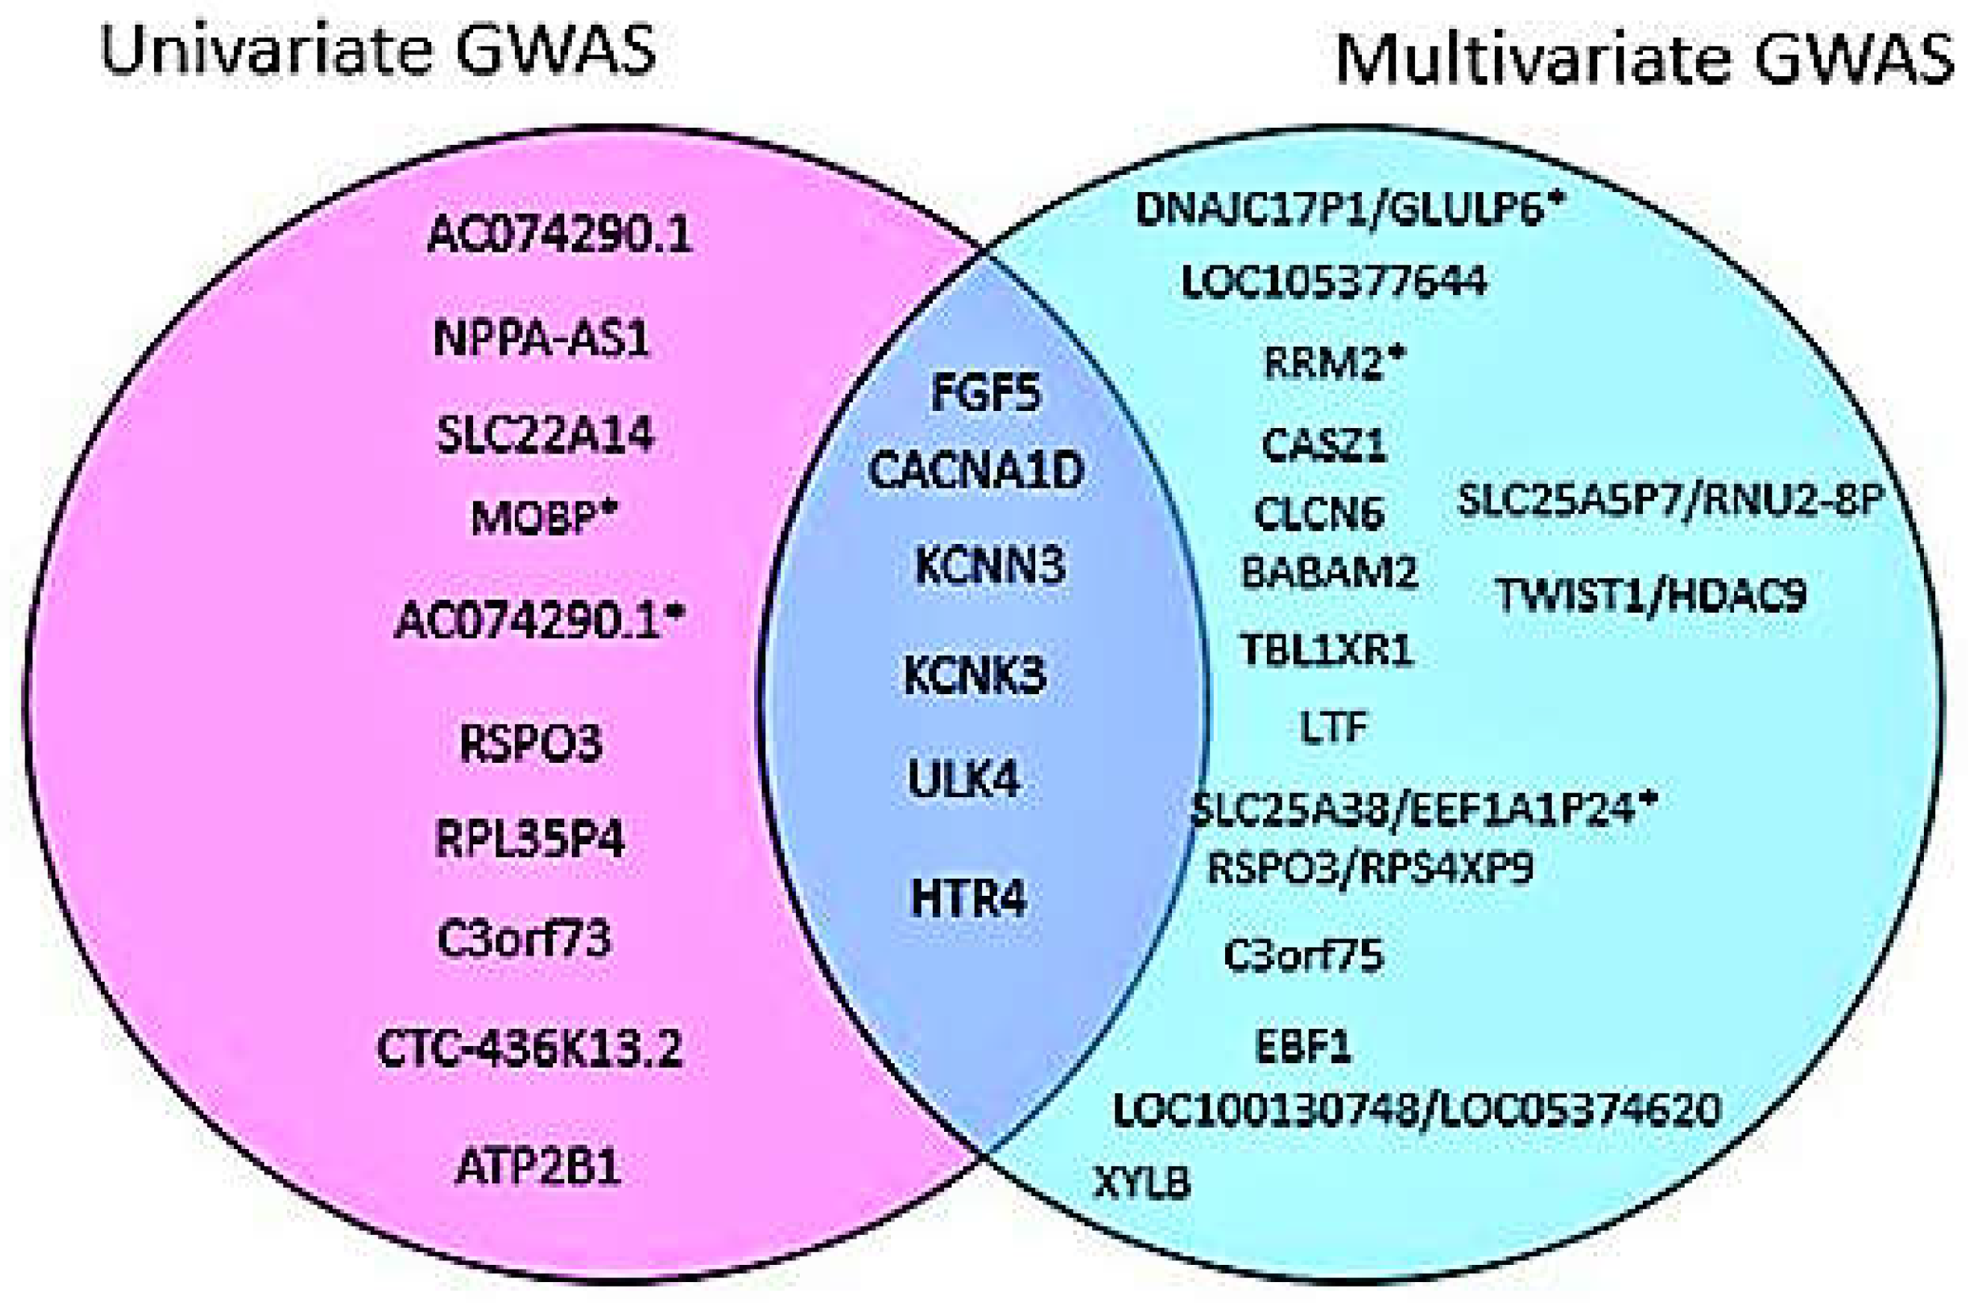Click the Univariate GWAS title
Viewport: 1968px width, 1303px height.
(378, 49)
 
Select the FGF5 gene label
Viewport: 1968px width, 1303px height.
(986, 393)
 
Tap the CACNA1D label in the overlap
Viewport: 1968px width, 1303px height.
(976, 471)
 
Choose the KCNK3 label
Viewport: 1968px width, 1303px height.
(975, 676)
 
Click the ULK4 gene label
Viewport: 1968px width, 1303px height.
(964, 779)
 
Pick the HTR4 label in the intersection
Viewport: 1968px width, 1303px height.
(969, 898)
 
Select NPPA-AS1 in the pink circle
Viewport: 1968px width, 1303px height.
(541, 339)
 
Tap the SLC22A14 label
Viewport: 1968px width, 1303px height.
(545, 435)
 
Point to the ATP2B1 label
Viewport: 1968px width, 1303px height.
(539, 1167)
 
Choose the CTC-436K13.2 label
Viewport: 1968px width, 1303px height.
(529, 1049)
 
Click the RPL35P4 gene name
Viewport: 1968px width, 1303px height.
(529, 838)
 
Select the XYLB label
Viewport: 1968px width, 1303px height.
(1143, 1183)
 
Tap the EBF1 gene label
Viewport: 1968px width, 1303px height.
(1303, 1046)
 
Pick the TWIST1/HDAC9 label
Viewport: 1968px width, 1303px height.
(1651, 595)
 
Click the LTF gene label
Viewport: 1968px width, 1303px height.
(1333, 727)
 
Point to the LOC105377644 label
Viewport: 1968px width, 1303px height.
(1334, 282)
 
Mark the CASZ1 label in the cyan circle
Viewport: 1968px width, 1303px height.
(1324, 445)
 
